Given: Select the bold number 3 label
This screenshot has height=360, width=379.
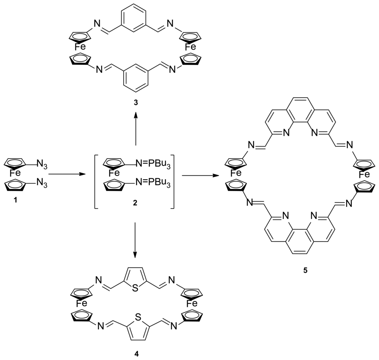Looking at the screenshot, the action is point(136,103).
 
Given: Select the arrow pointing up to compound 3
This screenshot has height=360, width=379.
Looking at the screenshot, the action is point(136,129).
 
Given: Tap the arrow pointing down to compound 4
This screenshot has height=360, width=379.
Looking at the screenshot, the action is point(135,240).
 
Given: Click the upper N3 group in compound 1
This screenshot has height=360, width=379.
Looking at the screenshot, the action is point(42,163).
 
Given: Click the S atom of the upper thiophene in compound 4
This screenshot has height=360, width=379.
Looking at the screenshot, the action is point(135,288).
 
